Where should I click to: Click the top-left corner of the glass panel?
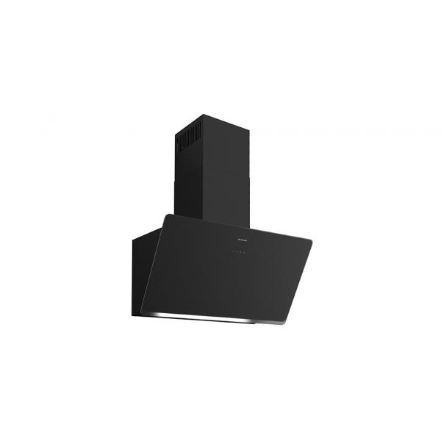(166, 215)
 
